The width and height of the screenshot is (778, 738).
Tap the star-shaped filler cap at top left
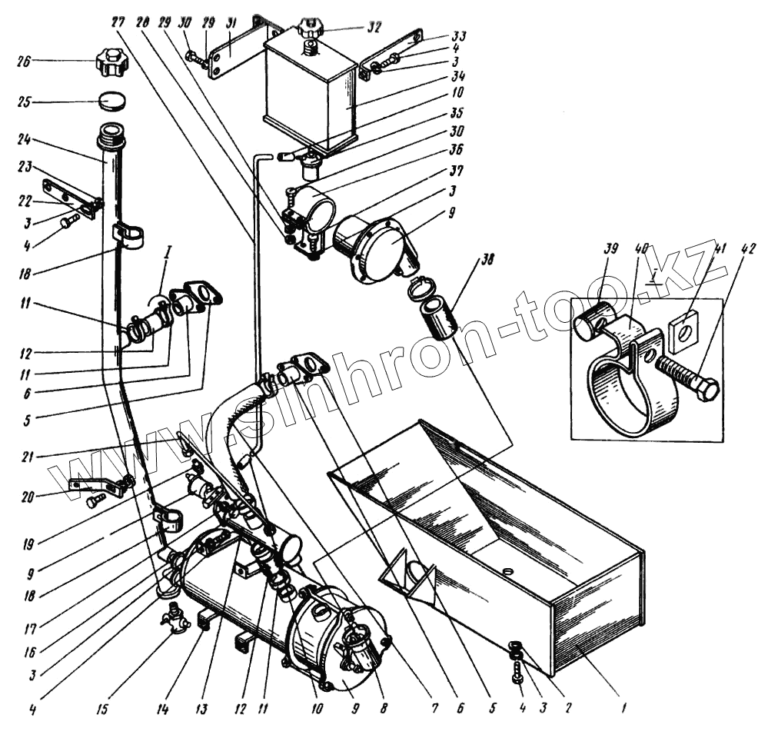tap(112, 59)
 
